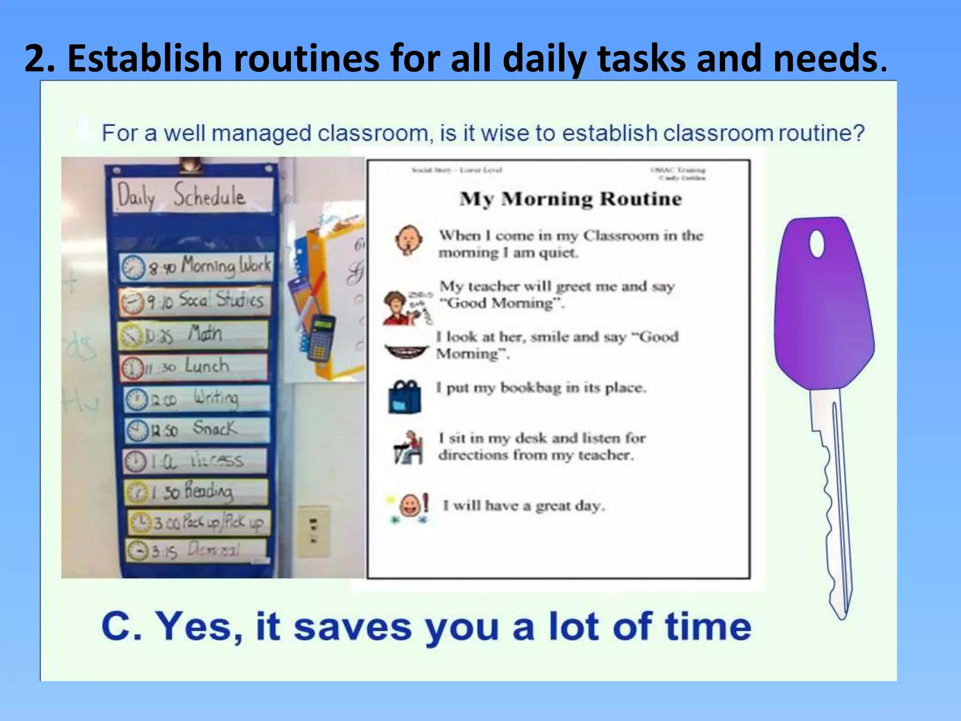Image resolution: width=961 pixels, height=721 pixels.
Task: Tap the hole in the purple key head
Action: (x=817, y=244)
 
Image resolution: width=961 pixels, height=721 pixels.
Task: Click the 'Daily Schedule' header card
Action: (x=193, y=195)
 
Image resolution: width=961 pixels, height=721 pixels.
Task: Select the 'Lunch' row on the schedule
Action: (x=193, y=366)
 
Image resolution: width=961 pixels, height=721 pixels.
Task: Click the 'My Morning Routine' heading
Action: (x=571, y=199)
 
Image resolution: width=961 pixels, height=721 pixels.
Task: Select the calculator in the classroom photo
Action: (x=321, y=337)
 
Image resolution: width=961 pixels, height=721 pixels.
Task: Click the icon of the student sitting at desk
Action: (x=407, y=447)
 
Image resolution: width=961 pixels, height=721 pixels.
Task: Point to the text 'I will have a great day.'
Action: (x=524, y=506)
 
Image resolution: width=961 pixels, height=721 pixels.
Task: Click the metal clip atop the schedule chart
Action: (x=191, y=164)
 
